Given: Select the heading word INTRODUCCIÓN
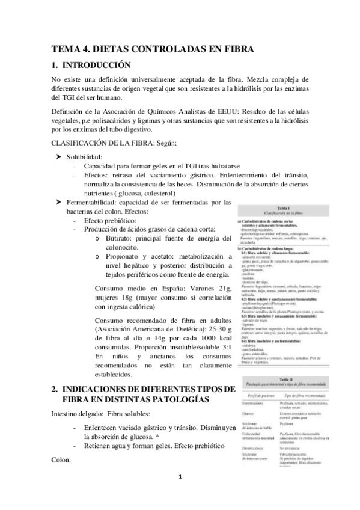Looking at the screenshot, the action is coord(97,65).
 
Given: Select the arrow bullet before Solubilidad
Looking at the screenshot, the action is coord(59,156).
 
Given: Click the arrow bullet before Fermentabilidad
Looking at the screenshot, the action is coord(59,202).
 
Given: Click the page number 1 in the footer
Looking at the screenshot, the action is coord(180,494).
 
